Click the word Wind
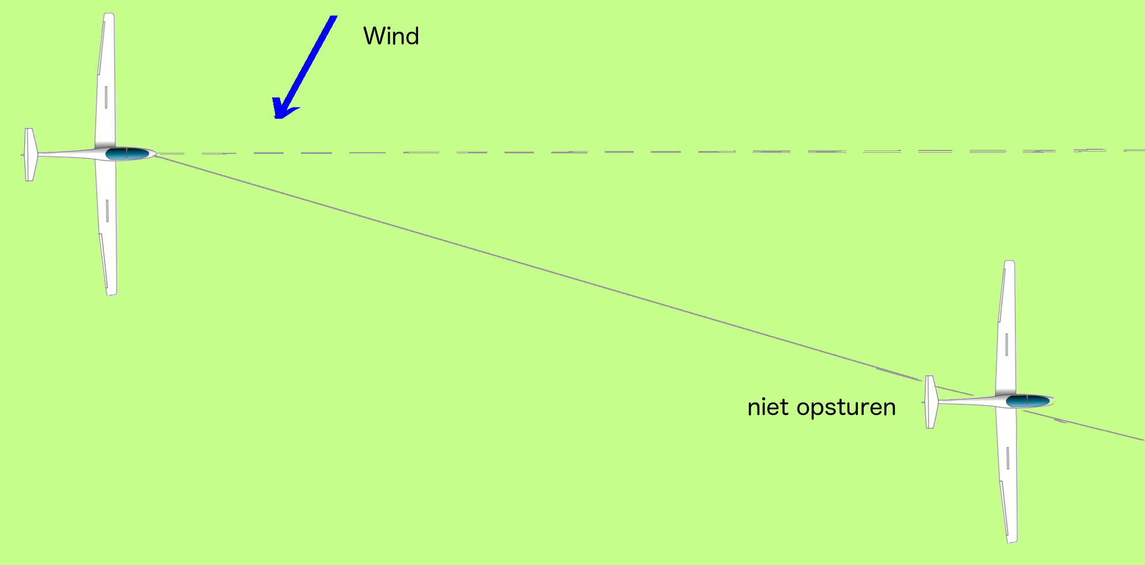click(x=391, y=36)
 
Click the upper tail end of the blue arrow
click(x=333, y=17)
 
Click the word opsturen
click(x=846, y=408)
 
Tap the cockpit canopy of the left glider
click(x=127, y=153)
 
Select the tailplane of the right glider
click(x=931, y=402)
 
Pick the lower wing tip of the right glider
click(x=1012, y=540)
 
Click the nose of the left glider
click(x=155, y=154)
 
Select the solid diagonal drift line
click(x=650, y=297)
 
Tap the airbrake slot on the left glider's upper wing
click(x=106, y=97)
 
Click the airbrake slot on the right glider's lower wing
click(x=1008, y=458)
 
